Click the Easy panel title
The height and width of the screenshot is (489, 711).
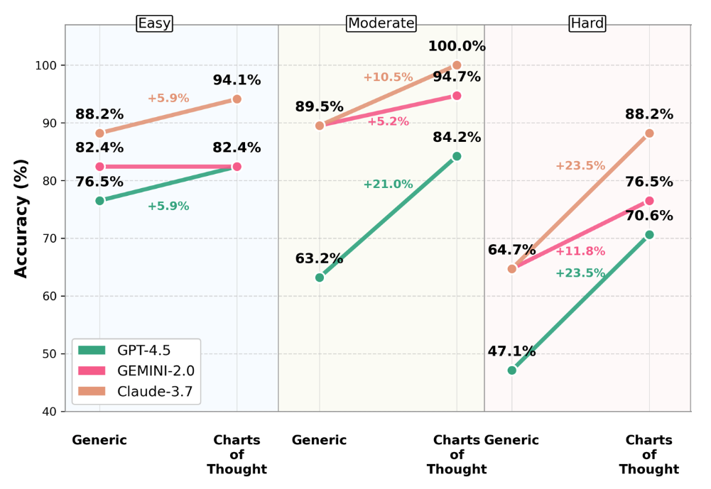click(154, 23)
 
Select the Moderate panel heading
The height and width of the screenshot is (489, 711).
click(381, 23)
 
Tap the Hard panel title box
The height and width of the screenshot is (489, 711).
click(587, 23)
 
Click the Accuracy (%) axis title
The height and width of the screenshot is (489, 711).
click(22, 218)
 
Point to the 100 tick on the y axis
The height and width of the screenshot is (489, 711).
click(50, 65)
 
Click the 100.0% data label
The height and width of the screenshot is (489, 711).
click(457, 47)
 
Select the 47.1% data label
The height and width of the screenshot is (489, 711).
click(511, 352)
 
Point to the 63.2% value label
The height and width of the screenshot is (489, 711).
click(319, 259)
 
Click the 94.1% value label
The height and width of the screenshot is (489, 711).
click(237, 81)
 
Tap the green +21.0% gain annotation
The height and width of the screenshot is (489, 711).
click(388, 185)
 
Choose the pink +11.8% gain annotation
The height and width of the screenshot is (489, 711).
click(580, 251)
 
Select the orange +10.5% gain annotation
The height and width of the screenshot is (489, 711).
click(388, 77)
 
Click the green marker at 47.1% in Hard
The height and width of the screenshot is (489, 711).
click(512, 370)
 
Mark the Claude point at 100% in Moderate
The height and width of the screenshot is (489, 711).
click(457, 65)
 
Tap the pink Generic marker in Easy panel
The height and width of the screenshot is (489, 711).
click(99, 167)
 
